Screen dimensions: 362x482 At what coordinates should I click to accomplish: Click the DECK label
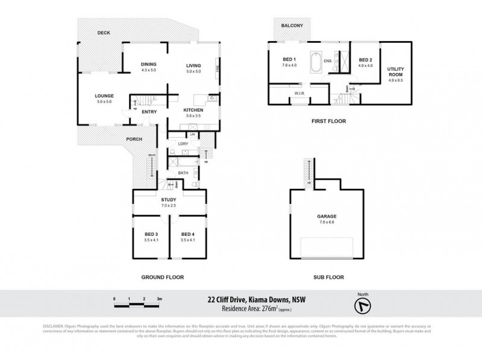point(104,34)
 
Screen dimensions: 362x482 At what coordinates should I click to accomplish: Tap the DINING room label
point(149,65)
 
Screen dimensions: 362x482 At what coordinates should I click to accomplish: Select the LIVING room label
point(193,65)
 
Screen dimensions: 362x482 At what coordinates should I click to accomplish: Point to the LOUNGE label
point(104,96)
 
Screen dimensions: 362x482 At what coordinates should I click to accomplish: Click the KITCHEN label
point(194,110)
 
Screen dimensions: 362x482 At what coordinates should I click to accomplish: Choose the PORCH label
point(134,139)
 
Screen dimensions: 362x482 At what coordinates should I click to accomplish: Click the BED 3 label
point(151,234)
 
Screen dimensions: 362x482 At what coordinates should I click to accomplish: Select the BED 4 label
point(187,234)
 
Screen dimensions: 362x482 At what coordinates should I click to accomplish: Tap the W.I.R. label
point(299,94)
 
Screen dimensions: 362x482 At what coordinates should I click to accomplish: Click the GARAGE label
point(327,216)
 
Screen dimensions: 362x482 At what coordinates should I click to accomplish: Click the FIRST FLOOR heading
point(328,121)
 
